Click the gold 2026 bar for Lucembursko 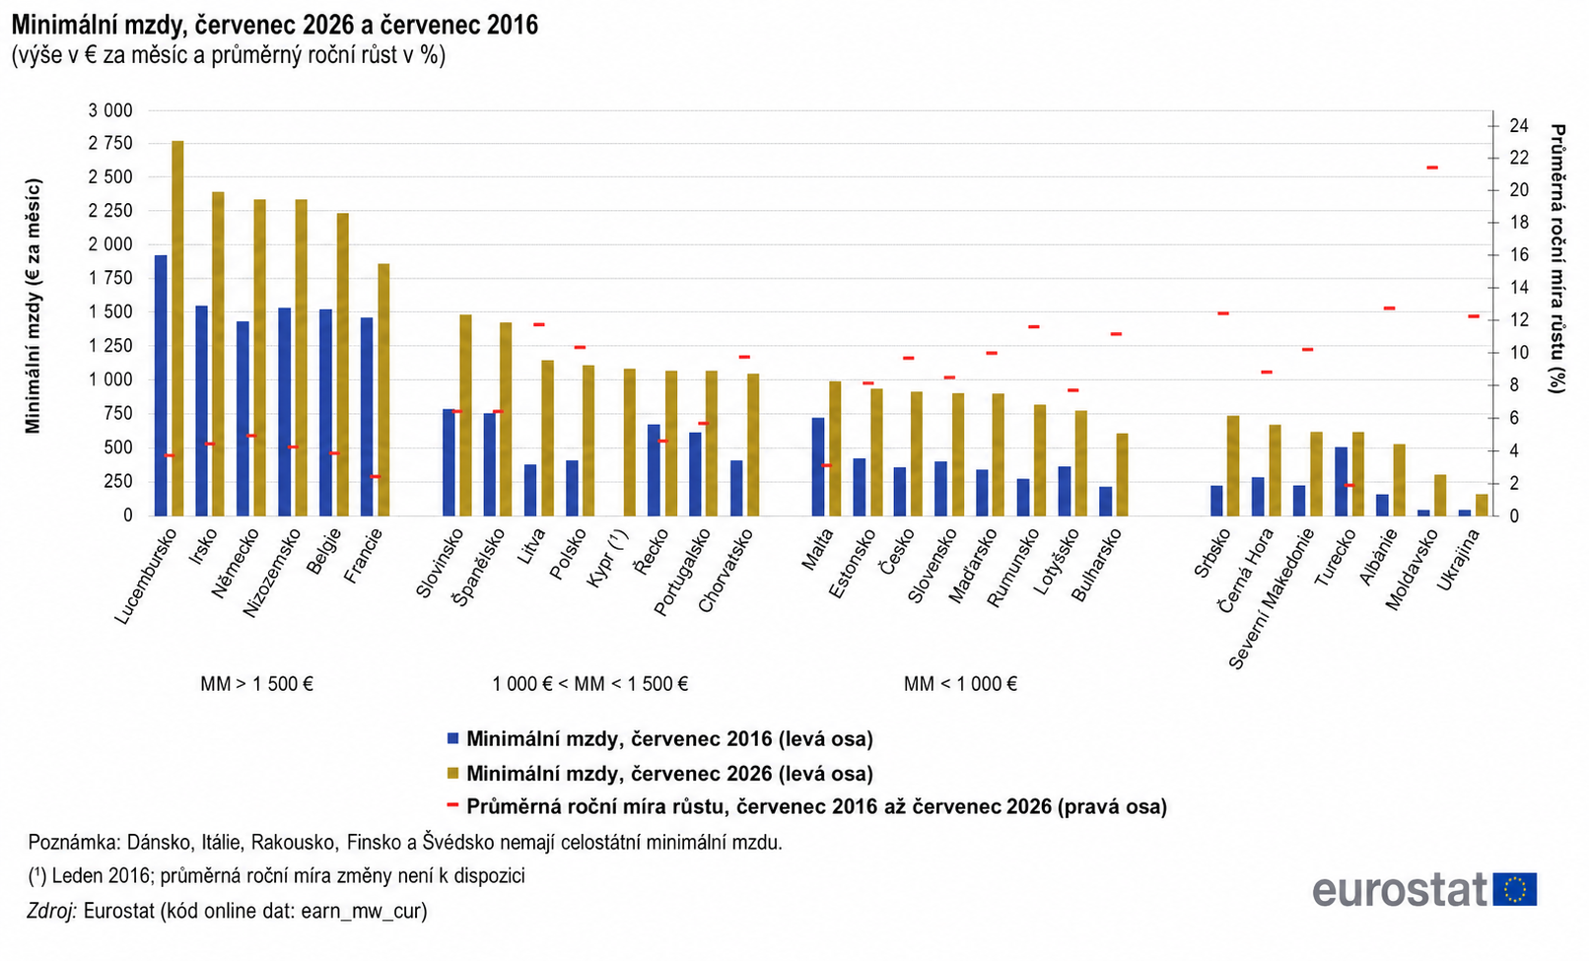point(177,328)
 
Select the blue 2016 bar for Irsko point(201,411)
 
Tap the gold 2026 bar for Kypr point(629,442)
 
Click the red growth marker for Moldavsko point(1431,168)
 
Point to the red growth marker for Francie point(376,477)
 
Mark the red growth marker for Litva point(539,324)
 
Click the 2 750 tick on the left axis point(110,143)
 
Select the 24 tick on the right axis point(1519,125)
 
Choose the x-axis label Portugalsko point(682,572)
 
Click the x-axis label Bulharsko point(1097,565)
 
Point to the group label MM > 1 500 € point(257,684)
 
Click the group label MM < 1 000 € point(960,684)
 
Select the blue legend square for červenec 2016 point(453,738)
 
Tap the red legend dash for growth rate point(453,805)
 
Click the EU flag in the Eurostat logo point(1515,889)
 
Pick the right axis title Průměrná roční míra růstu point(1557,259)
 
